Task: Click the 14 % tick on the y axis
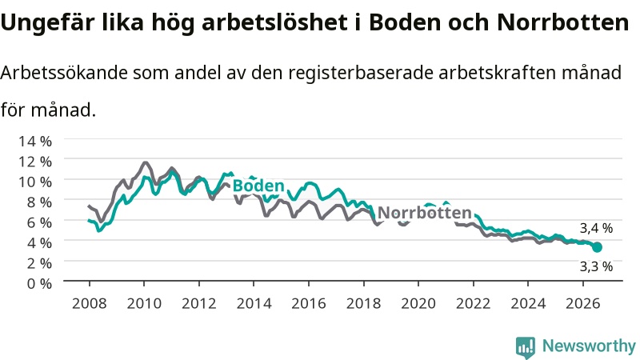(x=35, y=142)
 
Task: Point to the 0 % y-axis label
(x=39, y=283)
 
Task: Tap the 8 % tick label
(x=39, y=202)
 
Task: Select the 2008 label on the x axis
(x=90, y=303)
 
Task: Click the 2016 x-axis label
(x=309, y=303)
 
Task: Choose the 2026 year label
(x=583, y=303)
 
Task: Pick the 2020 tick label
(x=418, y=303)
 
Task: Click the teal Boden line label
(x=258, y=186)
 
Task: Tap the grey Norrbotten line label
(x=425, y=213)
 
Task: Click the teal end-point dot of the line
(x=597, y=247)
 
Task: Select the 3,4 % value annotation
(x=596, y=228)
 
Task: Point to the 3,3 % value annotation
(x=596, y=266)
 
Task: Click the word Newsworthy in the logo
(x=589, y=346)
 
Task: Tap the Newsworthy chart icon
(x=526, y=347)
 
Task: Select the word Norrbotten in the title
(x=563, y=22)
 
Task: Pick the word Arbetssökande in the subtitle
(x=64, y=73)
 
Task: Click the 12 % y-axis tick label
(x=35, y=162)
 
